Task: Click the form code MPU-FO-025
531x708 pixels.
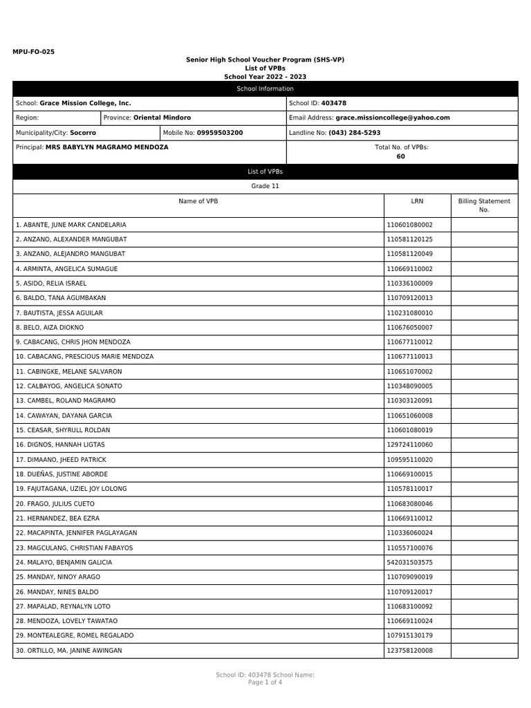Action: coord(33,51)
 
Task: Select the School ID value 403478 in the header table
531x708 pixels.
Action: coord(334,103)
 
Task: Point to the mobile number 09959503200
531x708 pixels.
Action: coord(220,132)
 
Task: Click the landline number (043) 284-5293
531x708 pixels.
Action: coord(354,132)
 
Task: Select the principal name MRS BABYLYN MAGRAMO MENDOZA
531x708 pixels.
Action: coord(106,147)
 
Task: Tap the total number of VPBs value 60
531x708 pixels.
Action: coord(401,156)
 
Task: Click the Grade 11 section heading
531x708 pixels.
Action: coord(265,186)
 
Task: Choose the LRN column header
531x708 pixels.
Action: coord(417,201)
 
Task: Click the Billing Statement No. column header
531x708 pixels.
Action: coord(484,205)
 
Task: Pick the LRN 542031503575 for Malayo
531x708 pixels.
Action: coord(409,562)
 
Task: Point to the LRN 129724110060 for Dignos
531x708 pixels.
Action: coord(409,445)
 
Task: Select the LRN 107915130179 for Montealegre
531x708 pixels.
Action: coord(409,635)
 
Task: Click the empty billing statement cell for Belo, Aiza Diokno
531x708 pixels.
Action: coord(484,327)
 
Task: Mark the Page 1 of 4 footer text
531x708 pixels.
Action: coord(265,682)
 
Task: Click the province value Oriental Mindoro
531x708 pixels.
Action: coord(162,118)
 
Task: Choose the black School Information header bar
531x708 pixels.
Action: coord(265,88)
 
